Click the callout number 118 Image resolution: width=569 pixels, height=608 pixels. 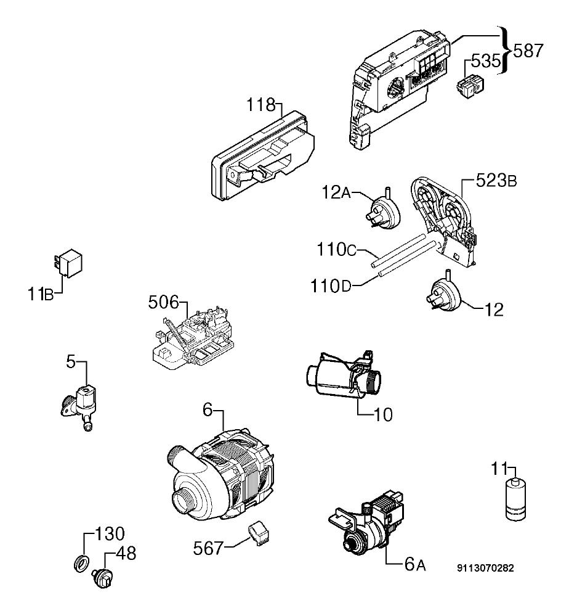point(261,105)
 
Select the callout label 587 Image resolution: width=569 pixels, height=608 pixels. point(528,51)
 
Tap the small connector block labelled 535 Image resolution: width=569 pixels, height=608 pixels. point(470,84)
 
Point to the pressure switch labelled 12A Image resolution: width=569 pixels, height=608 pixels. point(382,211)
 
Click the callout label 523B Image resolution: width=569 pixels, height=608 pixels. point(496,181)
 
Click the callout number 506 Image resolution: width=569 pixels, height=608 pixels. point(163,302)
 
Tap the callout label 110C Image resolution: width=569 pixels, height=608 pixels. point(336,249)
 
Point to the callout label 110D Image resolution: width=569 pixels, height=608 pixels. point(331,286)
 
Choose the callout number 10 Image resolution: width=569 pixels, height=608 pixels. point(383,415)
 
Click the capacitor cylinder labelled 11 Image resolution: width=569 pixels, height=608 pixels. point(515,499)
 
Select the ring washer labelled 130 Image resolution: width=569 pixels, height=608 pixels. point(81,563)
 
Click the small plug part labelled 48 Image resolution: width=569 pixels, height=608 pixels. point(102,578)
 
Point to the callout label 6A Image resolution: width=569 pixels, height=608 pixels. point(414,564)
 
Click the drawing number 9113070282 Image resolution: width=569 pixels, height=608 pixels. point(485,568)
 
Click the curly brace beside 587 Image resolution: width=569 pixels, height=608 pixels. point(504,50)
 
